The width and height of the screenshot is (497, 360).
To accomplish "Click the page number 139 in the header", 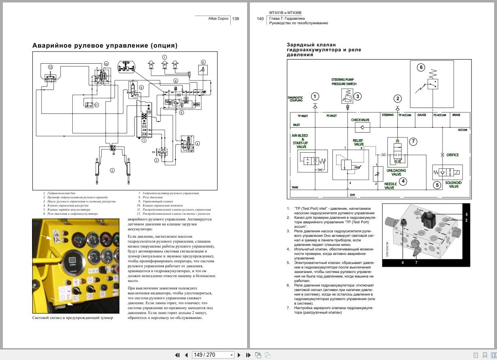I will (x=236, y=18).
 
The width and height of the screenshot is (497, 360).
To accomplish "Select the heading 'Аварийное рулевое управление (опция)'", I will (x=105, y=46).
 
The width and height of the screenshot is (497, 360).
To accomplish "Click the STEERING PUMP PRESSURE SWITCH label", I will (x=344, y=82).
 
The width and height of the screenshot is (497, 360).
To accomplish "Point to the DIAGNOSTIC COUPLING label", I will (x=295, y=99).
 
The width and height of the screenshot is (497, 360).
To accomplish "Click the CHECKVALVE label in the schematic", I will (x=360, y=120).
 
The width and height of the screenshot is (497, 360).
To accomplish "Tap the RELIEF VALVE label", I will (x=359, y=142).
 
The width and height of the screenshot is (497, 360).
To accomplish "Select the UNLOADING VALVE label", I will (x=396, y=172).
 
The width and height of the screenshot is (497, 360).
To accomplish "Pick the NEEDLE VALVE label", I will (x=389, y=186).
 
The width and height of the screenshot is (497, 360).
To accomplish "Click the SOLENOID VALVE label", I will (x=453, y=185).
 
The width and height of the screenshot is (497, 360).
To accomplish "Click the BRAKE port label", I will (x=456, y=115).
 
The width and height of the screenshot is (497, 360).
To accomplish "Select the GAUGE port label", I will (x=421, y=115).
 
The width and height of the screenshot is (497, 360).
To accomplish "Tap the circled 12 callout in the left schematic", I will (x=50, y=66).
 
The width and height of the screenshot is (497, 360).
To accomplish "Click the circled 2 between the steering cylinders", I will (x=112, y=170).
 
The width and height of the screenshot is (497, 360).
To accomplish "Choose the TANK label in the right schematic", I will (x=295, y=188).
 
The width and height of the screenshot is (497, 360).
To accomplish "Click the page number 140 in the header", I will (x=260, y=18).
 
